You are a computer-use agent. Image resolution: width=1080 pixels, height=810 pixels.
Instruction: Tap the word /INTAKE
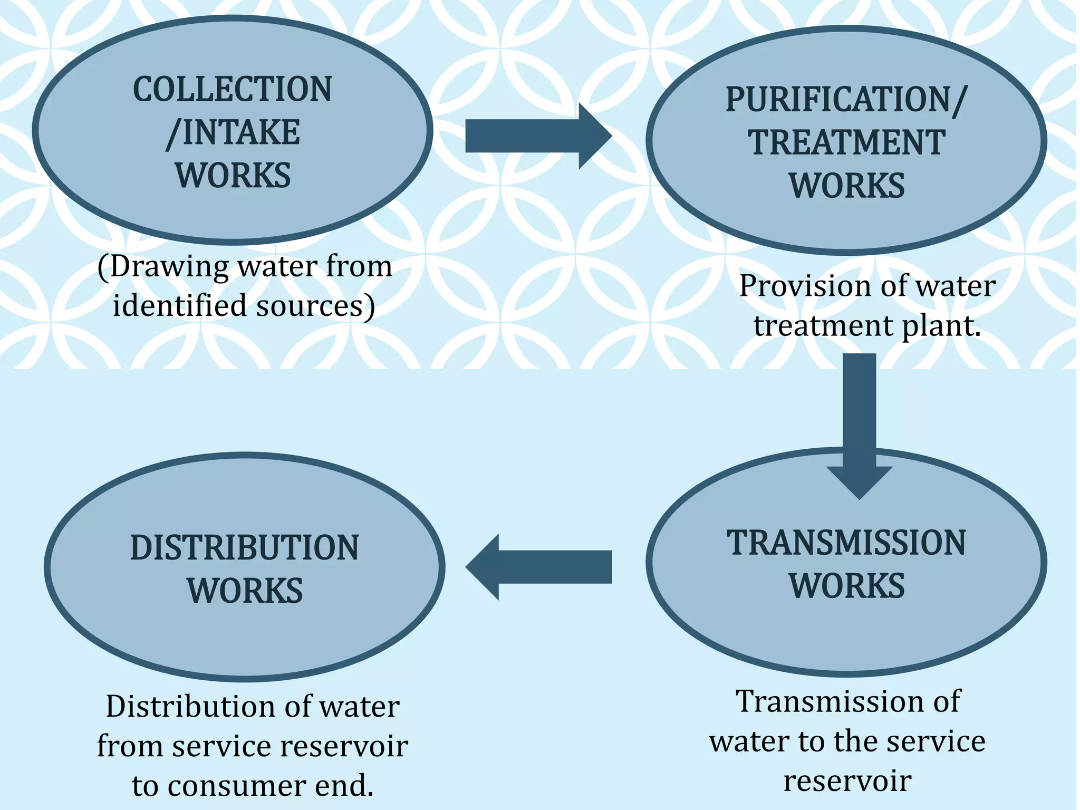(x=233, y=132)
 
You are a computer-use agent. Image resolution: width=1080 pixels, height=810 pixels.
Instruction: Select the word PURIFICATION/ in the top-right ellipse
(x=846, y=99)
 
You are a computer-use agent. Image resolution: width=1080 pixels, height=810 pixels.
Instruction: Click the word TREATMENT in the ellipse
(x=846, y=142)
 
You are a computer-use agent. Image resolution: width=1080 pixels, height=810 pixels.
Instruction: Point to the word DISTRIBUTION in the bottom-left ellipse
(x=244, y=547)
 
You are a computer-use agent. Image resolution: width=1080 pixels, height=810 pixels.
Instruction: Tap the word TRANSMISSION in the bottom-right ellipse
(x=846, y=543)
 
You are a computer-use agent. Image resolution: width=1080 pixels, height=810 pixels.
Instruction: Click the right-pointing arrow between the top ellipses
(x=538, y=136)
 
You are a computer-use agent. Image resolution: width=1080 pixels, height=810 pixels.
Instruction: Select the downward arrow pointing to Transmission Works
(x=859, y=422)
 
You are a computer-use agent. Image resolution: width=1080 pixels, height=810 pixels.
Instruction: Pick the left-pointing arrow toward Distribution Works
(x=538, y=567)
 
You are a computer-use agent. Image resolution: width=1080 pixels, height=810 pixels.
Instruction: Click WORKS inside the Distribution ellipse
(x=245, y=591)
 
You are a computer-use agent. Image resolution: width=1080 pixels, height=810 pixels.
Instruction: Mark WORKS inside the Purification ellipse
(x=846, y=186)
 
